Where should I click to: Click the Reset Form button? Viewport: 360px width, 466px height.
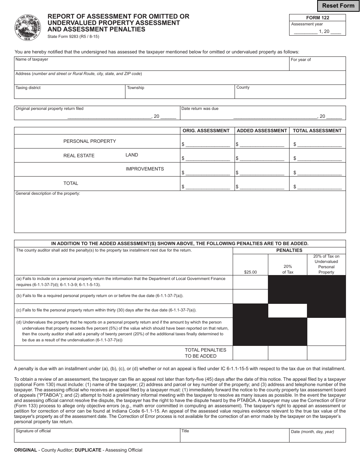tap(338, 6)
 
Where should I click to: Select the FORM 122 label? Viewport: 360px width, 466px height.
tap(318, 18)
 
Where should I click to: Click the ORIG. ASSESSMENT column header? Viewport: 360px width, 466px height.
tap(206, 131)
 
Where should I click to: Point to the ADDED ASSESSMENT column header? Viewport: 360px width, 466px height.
tap(261, 131)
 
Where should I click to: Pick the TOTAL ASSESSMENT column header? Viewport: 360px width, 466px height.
tap(317, 131)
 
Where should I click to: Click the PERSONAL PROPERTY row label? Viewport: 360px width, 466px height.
tap(90, 141)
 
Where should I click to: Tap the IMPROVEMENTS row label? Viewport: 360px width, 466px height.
tap(145, 169)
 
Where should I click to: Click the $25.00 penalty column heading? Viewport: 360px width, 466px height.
tap(250, 272)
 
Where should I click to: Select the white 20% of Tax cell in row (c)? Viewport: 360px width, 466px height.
tap(287, 310)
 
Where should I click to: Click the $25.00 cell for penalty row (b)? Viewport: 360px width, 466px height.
tap(250, 296)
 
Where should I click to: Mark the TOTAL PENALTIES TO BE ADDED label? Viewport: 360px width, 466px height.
tap(205, 353)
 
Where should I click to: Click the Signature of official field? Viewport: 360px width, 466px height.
tap(97, 435)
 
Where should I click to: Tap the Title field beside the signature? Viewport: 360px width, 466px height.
tap(235, 435)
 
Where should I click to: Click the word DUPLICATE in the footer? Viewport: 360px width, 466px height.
tap(88, 450)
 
